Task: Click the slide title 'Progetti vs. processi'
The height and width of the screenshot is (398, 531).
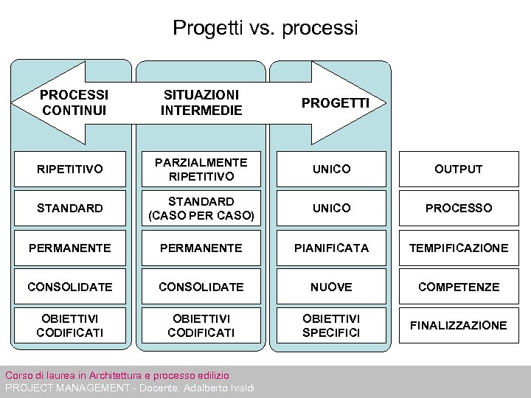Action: pyautogui.click(x=265, y=29)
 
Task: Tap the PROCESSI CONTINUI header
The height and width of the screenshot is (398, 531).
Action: pyautogui.click(x=74, y=102)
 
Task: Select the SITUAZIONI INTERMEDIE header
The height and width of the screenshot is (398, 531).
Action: pyautogui.click(x=201, y=102)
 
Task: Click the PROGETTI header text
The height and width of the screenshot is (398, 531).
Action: pyautogui.click(x=335, y=102)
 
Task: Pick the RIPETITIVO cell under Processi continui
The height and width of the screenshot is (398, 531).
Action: pyautogui.click(x=70, y=170)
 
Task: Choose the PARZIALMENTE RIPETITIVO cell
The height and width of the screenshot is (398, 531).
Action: pyautogui.click(x=201, y=170)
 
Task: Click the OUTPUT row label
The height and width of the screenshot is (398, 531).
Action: pyautogui.click(x=458, y=170)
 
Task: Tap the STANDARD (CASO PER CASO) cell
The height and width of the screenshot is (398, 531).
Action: pyautogui.click(x=201, y=209)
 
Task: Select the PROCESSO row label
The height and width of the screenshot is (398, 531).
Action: pyautogui.click(x=458, y=209)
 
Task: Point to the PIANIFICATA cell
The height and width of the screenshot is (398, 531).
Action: pyautogui.click(x=331, y=248)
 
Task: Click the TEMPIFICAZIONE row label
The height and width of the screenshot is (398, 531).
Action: pyautogui.click(x=458, y=248)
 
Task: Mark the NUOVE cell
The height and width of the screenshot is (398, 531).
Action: pyautogui.click(x=331, y=287)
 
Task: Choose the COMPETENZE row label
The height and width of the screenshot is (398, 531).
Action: pyautogui.click(x=458, y=287)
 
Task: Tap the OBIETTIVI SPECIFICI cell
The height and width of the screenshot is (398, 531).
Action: pyautogui.click(x=331, y=326)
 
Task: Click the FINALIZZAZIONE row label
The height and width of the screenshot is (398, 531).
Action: pyautogui.click(x=458, y=326)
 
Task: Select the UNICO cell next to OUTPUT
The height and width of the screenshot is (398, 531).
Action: pyautogui.click(x=331, y=170)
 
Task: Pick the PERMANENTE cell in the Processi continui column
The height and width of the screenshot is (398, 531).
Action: pyautogui.click(x=70, y=248)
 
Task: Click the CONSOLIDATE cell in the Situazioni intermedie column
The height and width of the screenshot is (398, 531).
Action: pyautogui.click(x=201, y=287)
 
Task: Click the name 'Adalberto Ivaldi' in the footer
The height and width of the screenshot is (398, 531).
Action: pyautogui.click(x=218, y=388)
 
